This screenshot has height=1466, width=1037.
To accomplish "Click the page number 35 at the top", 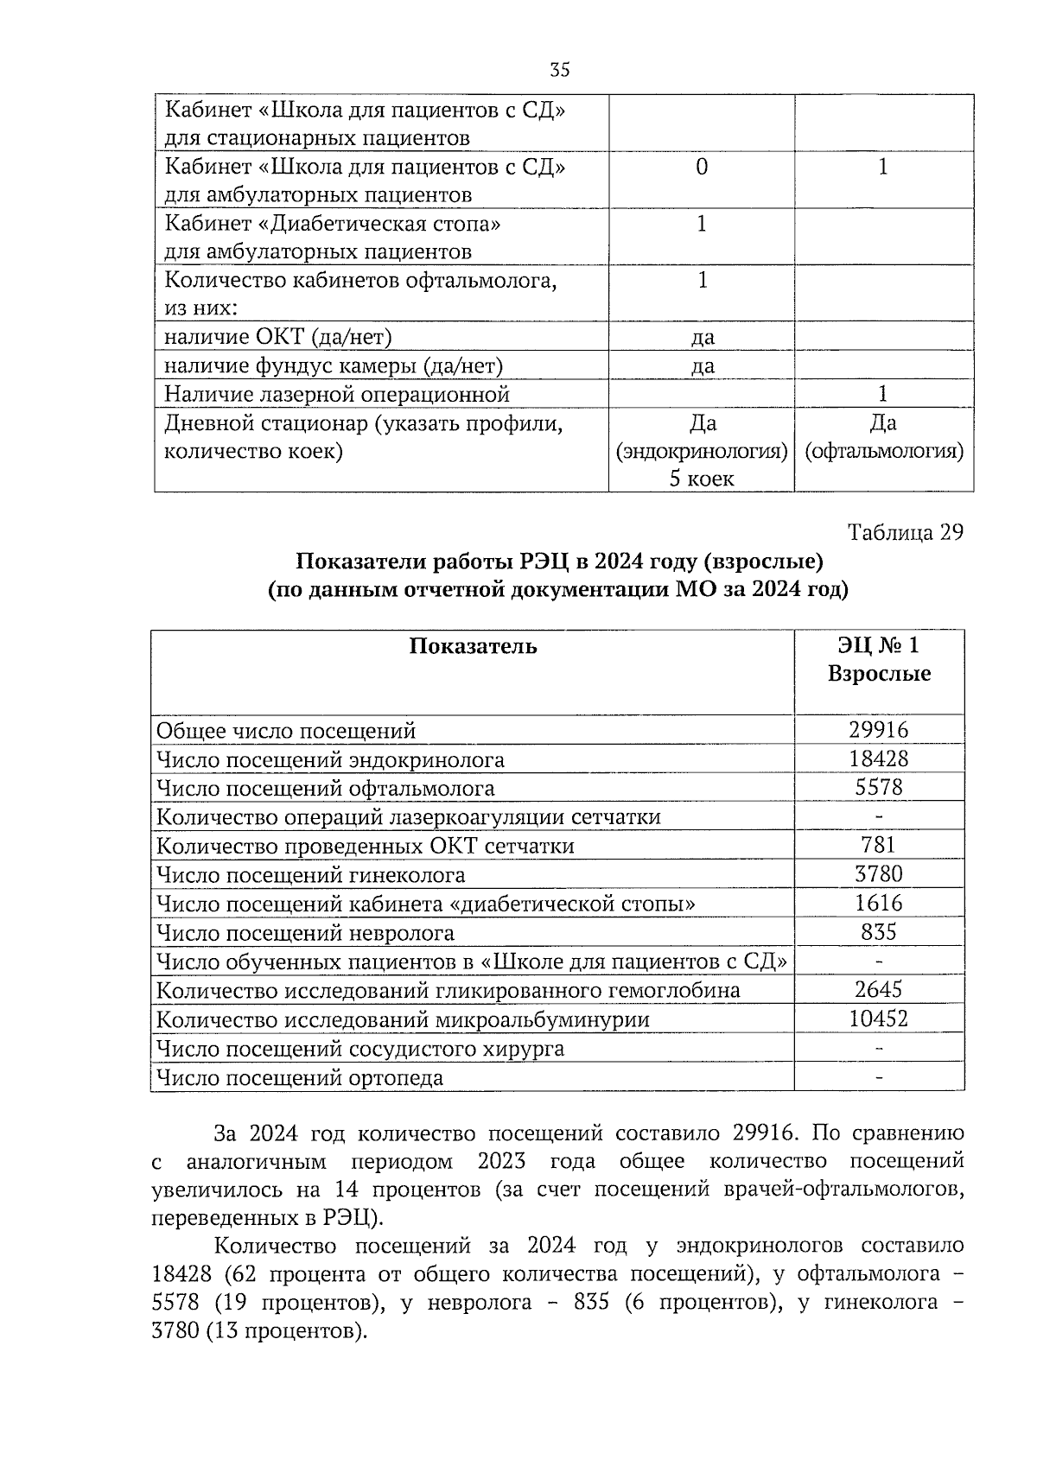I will coord(559,71).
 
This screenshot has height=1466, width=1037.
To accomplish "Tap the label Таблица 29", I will coord(905,532).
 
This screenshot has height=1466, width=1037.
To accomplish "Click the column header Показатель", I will coord(473,647).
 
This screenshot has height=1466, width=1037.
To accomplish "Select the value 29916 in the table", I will coord(878,730).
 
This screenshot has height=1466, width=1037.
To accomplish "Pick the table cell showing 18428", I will coord(878,758).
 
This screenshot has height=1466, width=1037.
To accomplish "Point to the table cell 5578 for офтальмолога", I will coord(878,787).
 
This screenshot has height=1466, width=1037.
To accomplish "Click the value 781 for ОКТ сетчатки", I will coord(878,845).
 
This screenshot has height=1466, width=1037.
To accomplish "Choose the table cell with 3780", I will coord(878,873).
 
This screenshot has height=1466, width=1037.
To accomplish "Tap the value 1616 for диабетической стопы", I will coord(878,903).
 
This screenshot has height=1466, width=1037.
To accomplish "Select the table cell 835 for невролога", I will coord(878,931).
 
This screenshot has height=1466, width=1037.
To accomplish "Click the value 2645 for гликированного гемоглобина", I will coord(878,989).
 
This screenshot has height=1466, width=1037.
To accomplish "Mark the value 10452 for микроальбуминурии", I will coord(878,1019).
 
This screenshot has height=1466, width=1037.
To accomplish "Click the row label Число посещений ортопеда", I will coord(299,1077).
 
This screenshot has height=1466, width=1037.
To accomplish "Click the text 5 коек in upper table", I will coord(701,478).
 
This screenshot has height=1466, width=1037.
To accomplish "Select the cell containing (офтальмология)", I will coord(884,451).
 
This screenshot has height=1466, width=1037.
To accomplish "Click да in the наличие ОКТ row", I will coord(702,337).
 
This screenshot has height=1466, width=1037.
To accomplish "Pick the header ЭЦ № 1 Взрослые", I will coord(878,659).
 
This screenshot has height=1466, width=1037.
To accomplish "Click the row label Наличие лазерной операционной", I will coord(337,395).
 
